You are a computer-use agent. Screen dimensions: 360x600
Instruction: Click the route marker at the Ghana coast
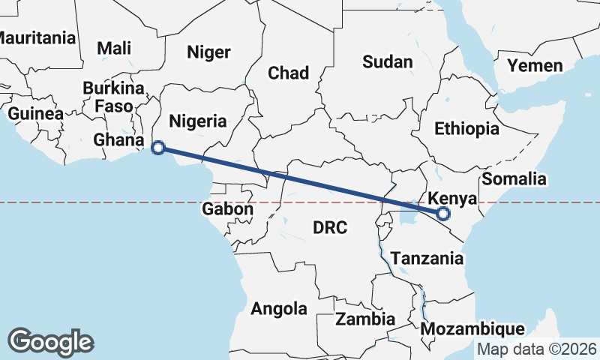[158, 148]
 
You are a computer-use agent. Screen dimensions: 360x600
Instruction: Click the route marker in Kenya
[443, 214]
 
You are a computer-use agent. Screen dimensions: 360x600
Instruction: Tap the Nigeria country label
[198, 121]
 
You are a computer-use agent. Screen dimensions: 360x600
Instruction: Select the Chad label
[289, 73]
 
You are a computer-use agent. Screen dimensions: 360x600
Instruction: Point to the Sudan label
[388, 61]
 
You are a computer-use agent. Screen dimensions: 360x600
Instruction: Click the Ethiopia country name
[466, 128]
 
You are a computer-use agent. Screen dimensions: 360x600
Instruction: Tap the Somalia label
[514, 178]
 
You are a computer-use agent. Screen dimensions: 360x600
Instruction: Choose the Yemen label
[535, 65]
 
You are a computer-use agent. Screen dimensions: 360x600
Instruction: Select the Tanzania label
[427, 259]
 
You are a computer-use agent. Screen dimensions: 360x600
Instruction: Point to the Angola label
[279, 308]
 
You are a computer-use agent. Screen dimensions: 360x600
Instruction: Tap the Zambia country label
[365, 319]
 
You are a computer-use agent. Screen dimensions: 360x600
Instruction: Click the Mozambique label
[472, 329]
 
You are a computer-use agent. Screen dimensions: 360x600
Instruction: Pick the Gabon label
[227, 209]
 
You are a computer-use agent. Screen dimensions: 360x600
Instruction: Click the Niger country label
[208, 52]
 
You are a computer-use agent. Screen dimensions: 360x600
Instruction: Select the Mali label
[114, 48]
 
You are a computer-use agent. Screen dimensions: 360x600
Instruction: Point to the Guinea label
[35, 114]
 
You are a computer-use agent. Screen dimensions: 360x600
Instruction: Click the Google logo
[50, 341]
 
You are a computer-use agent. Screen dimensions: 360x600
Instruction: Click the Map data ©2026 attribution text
[537, 349]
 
